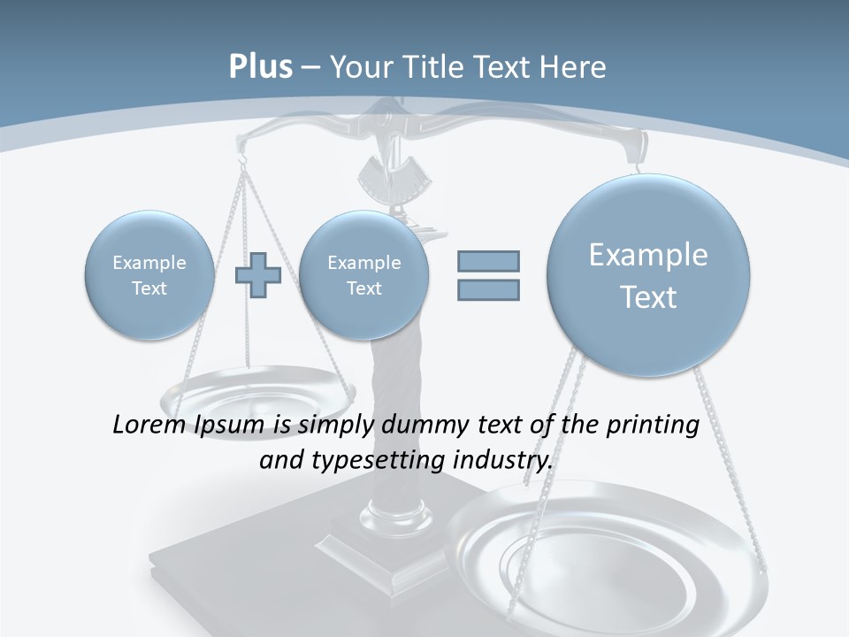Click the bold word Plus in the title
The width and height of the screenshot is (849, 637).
[x=260, y=67]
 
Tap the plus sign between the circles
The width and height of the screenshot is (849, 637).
[x=257, y=274]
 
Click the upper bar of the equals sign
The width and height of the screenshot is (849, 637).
[x=488, y=261]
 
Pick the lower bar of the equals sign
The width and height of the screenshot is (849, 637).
[x=488, y=289]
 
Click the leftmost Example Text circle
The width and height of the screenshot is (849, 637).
[x=149, y=275]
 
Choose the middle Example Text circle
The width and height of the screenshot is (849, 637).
[x=363, y=275]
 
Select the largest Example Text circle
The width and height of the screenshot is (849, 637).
[x=648, y=275]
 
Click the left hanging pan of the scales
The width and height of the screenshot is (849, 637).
[x=256, y=389]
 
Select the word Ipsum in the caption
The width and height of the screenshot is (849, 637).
[x=233, y=426]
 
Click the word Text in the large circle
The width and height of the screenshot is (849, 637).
[x=648, y=297]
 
